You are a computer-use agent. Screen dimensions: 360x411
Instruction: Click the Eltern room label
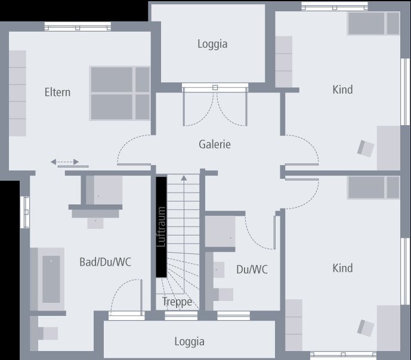[x=57, y=92]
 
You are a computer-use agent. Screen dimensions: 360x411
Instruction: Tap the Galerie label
[x=215, y=144]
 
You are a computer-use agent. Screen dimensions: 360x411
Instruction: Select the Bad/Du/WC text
[x=105, y=262]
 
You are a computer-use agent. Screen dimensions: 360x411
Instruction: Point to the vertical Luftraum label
[x=161, y=226]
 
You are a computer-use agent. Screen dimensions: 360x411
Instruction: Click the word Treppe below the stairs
[x=177, y=302]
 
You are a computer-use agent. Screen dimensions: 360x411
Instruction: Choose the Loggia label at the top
[x=212, y=44]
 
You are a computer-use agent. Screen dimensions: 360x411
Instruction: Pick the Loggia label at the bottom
[x=190, y=342]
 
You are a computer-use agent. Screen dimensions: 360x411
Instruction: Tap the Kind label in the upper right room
[x=342, y=90]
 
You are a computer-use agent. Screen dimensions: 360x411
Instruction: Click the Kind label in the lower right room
[x=342, y=268]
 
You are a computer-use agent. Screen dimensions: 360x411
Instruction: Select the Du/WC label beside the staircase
[x=252, y=270]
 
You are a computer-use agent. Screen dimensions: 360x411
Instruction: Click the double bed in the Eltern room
[x=120, y=93]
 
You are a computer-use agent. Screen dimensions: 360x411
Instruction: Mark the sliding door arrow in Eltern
[x=64, y=162]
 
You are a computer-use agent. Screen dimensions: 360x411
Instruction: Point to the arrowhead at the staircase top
[x=184, y=177]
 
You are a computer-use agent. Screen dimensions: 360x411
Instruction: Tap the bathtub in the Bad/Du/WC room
[x=51, y=279]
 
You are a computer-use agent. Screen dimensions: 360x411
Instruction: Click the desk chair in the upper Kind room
[x=366, y=148]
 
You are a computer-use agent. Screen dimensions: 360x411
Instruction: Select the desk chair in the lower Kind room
[x=366, y=327]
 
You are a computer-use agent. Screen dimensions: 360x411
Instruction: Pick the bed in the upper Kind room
[x=373, y=24]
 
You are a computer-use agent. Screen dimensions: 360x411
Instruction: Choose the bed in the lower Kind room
[x=373, y=187]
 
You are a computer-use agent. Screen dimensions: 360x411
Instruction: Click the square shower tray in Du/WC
[x=220, y=231]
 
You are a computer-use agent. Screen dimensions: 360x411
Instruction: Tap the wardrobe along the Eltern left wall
[x=17, y=93]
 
